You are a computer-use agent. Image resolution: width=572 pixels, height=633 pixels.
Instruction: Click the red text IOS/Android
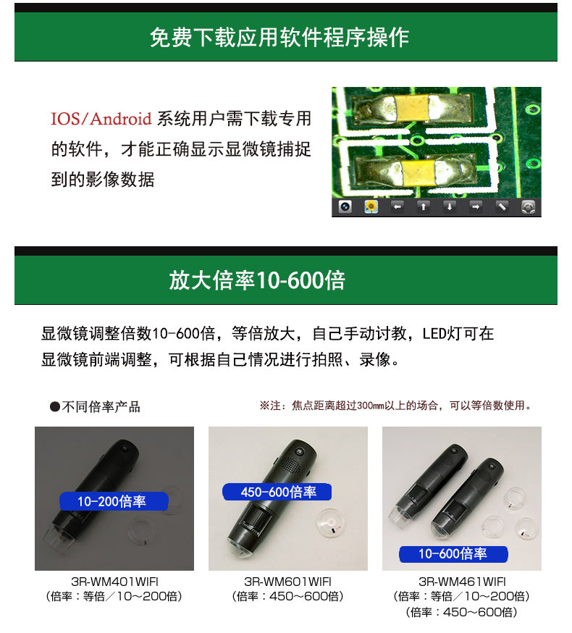click(101, 119)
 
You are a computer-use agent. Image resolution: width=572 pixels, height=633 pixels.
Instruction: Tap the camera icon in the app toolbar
click(345, 206)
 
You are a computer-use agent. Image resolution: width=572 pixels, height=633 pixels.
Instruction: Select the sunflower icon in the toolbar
click(371, 206)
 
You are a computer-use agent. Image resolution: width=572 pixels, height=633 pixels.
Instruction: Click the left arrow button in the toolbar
click(398, 206)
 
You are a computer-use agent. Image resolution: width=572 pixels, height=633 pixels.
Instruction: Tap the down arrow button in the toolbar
click(450, 206)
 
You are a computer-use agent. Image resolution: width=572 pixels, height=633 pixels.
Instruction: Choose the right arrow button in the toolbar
click(476, 206)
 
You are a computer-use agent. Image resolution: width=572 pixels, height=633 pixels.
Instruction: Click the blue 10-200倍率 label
click(114, 501)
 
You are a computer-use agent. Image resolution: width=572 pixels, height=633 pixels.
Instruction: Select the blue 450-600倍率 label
click(277, 492)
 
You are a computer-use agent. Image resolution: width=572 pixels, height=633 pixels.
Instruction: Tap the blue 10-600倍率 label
click(453, 554)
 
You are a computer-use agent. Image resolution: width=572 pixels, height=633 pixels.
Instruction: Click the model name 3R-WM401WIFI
click(114, 582)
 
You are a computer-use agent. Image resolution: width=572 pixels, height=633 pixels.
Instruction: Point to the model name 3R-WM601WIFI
click(287, 582)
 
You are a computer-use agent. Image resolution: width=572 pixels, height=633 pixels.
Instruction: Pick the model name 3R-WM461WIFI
click(462, 582)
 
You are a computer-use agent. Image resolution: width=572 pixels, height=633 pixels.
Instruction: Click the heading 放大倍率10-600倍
click(257, 280)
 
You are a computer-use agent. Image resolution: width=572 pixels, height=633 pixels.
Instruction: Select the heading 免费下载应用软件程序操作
click(279, 38)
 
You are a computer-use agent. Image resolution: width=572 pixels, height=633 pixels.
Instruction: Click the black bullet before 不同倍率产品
click(55, 407)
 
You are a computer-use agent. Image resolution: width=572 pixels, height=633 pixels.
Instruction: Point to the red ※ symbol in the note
click(264, 406)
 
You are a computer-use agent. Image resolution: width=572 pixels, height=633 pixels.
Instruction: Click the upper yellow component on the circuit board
click(411, 108)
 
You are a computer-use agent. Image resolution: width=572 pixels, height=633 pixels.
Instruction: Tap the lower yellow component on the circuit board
click(419, 172)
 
